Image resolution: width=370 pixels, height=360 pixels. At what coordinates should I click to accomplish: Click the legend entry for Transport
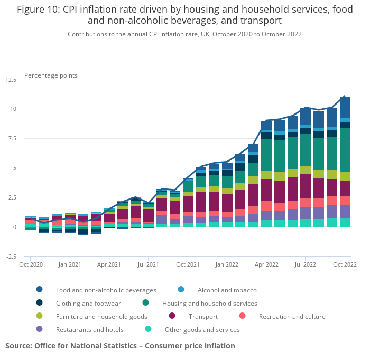[x=203, y=317]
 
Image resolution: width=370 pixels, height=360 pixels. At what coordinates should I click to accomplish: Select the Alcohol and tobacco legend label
[x=227, y=290]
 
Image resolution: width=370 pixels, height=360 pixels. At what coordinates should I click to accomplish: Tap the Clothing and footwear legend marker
[x=40, y=303]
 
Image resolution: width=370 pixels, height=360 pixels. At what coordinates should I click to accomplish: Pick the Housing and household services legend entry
[x=209, y=304]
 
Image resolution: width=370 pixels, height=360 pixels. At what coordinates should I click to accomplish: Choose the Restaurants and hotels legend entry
[x=89, y=330]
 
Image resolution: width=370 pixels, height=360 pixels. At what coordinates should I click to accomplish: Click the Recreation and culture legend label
[x=292, y=317]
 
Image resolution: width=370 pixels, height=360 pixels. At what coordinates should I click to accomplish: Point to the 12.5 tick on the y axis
[x=11, y=80]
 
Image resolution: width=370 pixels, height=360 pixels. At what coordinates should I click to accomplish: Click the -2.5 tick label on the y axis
[x=11, y=257]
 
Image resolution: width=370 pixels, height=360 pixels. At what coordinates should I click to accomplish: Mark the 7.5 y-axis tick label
[x=12, y=139]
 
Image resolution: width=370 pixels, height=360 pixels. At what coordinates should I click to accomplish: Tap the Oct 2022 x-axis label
[x=345, y=264]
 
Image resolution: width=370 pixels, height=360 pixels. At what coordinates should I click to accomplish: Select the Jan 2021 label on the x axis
[x=70, y=264]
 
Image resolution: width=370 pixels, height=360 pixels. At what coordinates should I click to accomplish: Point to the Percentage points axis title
[x=51, y=75]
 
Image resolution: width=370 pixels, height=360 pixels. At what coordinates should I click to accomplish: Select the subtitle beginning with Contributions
[x=184, y=34]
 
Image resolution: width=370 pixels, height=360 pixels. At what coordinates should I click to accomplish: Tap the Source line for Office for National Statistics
[x=120, y=346]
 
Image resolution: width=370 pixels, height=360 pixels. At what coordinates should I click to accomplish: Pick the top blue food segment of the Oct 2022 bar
[x=345, y=107]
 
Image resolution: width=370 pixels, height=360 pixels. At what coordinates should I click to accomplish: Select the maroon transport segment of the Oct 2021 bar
[x=188, y=204]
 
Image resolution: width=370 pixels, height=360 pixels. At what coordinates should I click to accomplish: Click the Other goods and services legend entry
[x=202, y=330]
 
